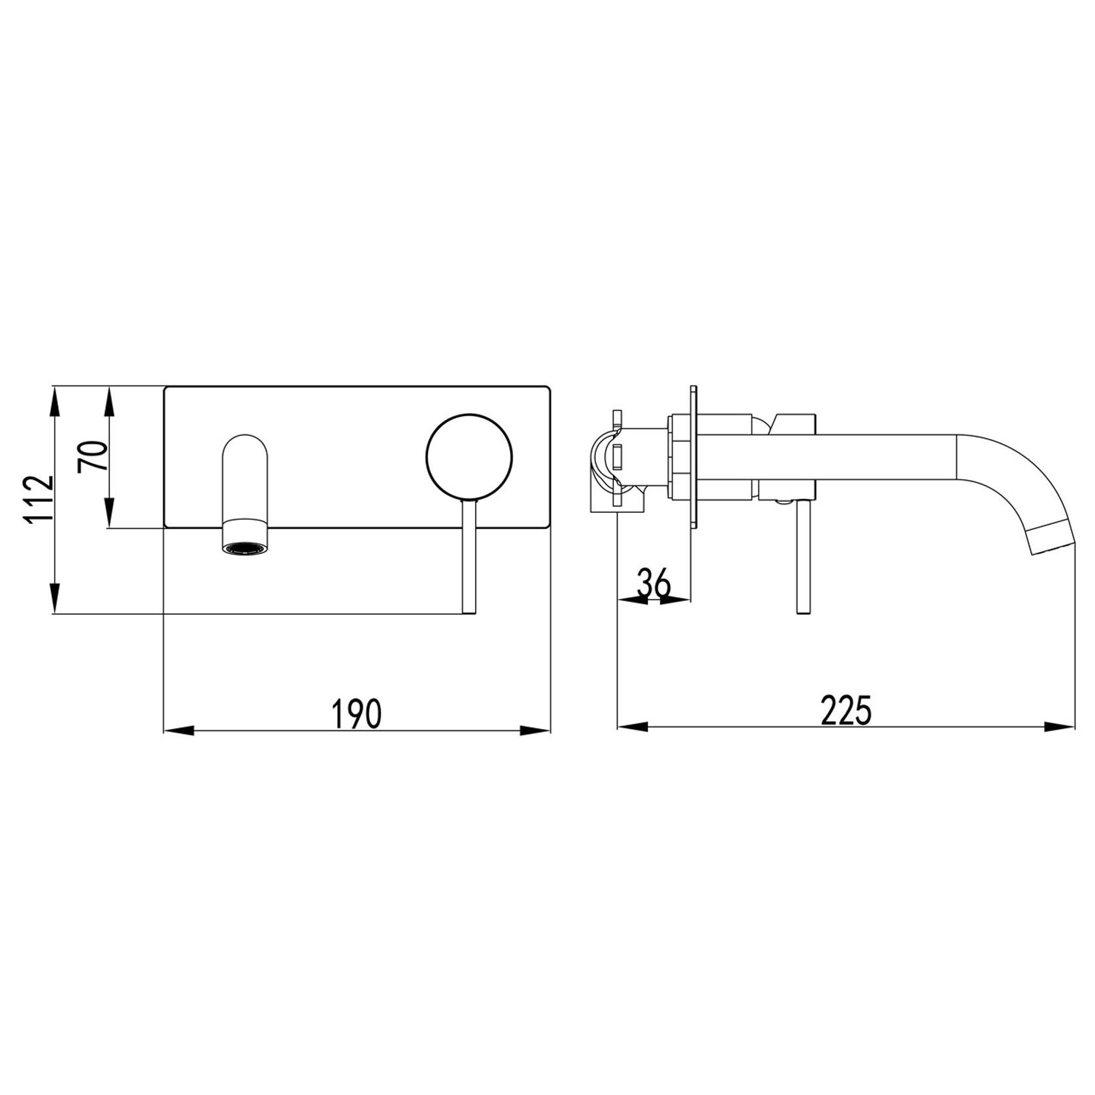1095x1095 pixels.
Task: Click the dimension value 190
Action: (356, 713)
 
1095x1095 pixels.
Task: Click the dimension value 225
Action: (846, 710)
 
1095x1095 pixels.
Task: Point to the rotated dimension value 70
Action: (91, 457)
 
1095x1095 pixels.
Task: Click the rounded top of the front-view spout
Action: (245, 447)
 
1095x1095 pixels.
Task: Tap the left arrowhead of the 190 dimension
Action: (178, 729)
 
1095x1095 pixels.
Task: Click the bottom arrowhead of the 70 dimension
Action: (110, 513)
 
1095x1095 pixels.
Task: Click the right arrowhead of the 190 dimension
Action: (536, 729)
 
